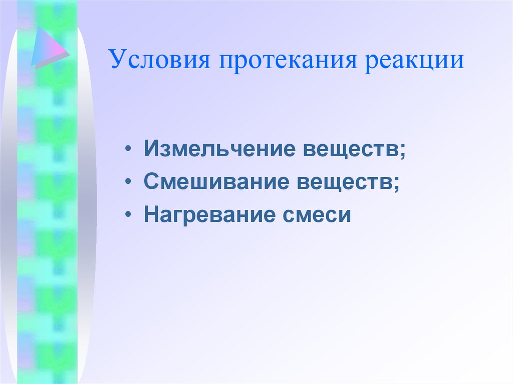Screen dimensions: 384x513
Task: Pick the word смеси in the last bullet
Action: [x=321, y=215]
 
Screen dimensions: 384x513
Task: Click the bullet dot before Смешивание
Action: [x=130, y=183]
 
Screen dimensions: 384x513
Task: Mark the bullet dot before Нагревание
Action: [x=130, y=216]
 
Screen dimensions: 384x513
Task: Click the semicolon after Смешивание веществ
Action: [x=396, y=184]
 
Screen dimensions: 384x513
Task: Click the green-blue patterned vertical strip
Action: [x=48, y=225]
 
